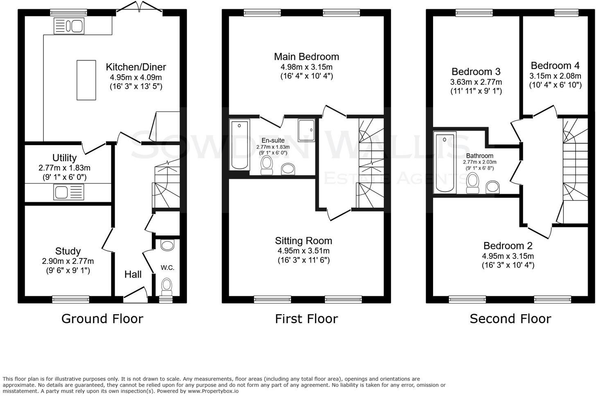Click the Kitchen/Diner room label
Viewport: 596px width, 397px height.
coord(136,67)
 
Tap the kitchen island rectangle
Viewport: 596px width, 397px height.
coord(86,80)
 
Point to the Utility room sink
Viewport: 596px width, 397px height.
coord(68,192)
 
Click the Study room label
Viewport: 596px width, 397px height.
coord(68,251)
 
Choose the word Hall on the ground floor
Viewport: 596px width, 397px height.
coord(133,274)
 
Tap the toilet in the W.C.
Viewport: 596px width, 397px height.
coord(167,286)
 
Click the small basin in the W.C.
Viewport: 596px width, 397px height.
coord(167,245)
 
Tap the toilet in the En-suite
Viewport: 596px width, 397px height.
coord(267,165)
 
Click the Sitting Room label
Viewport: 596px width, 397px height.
coord(303,241)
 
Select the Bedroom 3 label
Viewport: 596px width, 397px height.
coord(476,72)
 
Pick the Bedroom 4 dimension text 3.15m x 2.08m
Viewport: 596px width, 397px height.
coord(555,76)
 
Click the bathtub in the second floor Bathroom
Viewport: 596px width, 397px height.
coord(445,162)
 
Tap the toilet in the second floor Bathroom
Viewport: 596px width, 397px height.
coord(473,183)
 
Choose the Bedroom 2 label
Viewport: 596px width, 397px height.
coord(508,246)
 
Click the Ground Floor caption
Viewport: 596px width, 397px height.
coord(102,319)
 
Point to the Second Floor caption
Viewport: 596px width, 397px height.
coord(510,319)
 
